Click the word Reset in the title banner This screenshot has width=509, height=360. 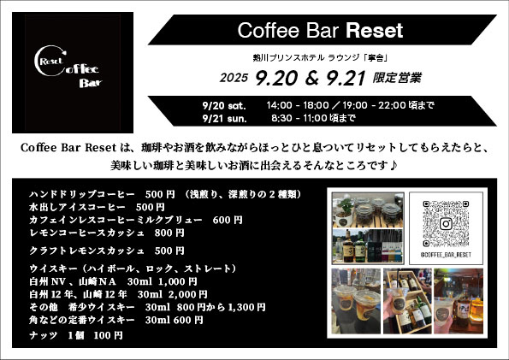point(374,32)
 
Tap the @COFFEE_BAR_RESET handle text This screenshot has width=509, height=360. point(447,255)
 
